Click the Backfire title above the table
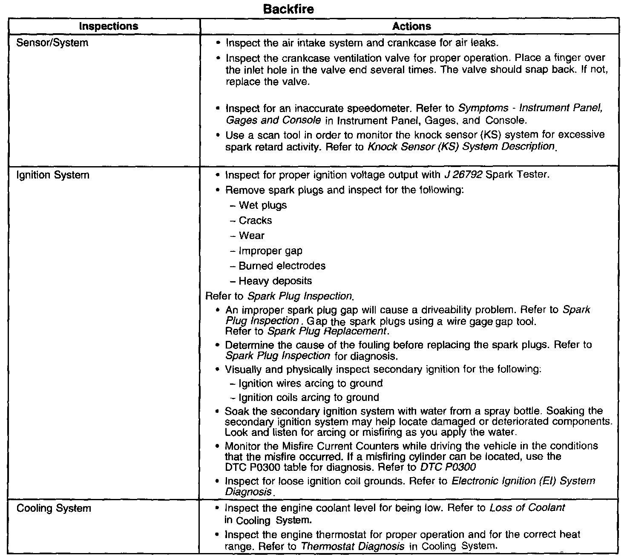pos(289,9)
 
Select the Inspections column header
pos(109,26)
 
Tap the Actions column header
pos(411,26)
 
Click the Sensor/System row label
pos(52,43)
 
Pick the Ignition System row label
pos(53,175)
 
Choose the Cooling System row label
pos(54,508)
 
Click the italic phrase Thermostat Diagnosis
pos(353,546)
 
